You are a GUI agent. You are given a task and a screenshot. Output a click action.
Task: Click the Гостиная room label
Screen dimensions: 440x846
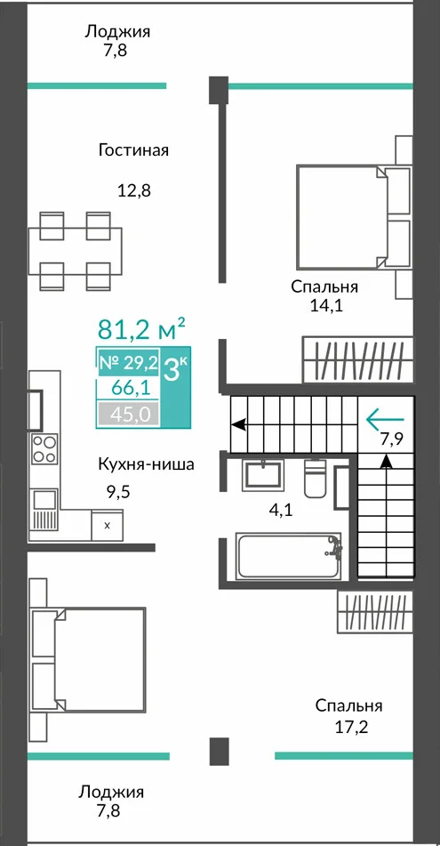(133, 150)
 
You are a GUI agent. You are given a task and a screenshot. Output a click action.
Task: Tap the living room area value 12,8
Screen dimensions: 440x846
(133, 190)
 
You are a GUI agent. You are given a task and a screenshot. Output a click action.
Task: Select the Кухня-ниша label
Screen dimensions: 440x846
(146, 464)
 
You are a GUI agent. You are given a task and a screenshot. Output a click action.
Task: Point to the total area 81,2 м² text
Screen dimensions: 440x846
(141, 328)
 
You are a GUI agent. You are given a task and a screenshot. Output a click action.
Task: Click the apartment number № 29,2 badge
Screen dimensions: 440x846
(128, 363)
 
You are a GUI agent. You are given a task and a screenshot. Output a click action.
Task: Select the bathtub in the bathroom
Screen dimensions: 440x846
(289, 556)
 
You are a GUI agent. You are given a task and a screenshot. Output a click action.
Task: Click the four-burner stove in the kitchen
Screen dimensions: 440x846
(44, 449)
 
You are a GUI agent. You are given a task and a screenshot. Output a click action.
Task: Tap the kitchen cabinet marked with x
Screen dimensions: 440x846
(107, 525)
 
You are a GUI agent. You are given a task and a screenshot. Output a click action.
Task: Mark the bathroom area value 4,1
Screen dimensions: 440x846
(280, 511)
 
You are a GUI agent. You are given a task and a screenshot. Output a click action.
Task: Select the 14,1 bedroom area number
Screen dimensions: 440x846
(326, 306)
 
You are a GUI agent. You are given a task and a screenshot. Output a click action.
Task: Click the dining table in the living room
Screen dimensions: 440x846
(75, 251)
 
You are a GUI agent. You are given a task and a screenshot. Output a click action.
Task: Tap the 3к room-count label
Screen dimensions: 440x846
(176, 372)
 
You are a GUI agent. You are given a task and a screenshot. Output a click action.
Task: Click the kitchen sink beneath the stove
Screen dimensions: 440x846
(44, 508)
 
